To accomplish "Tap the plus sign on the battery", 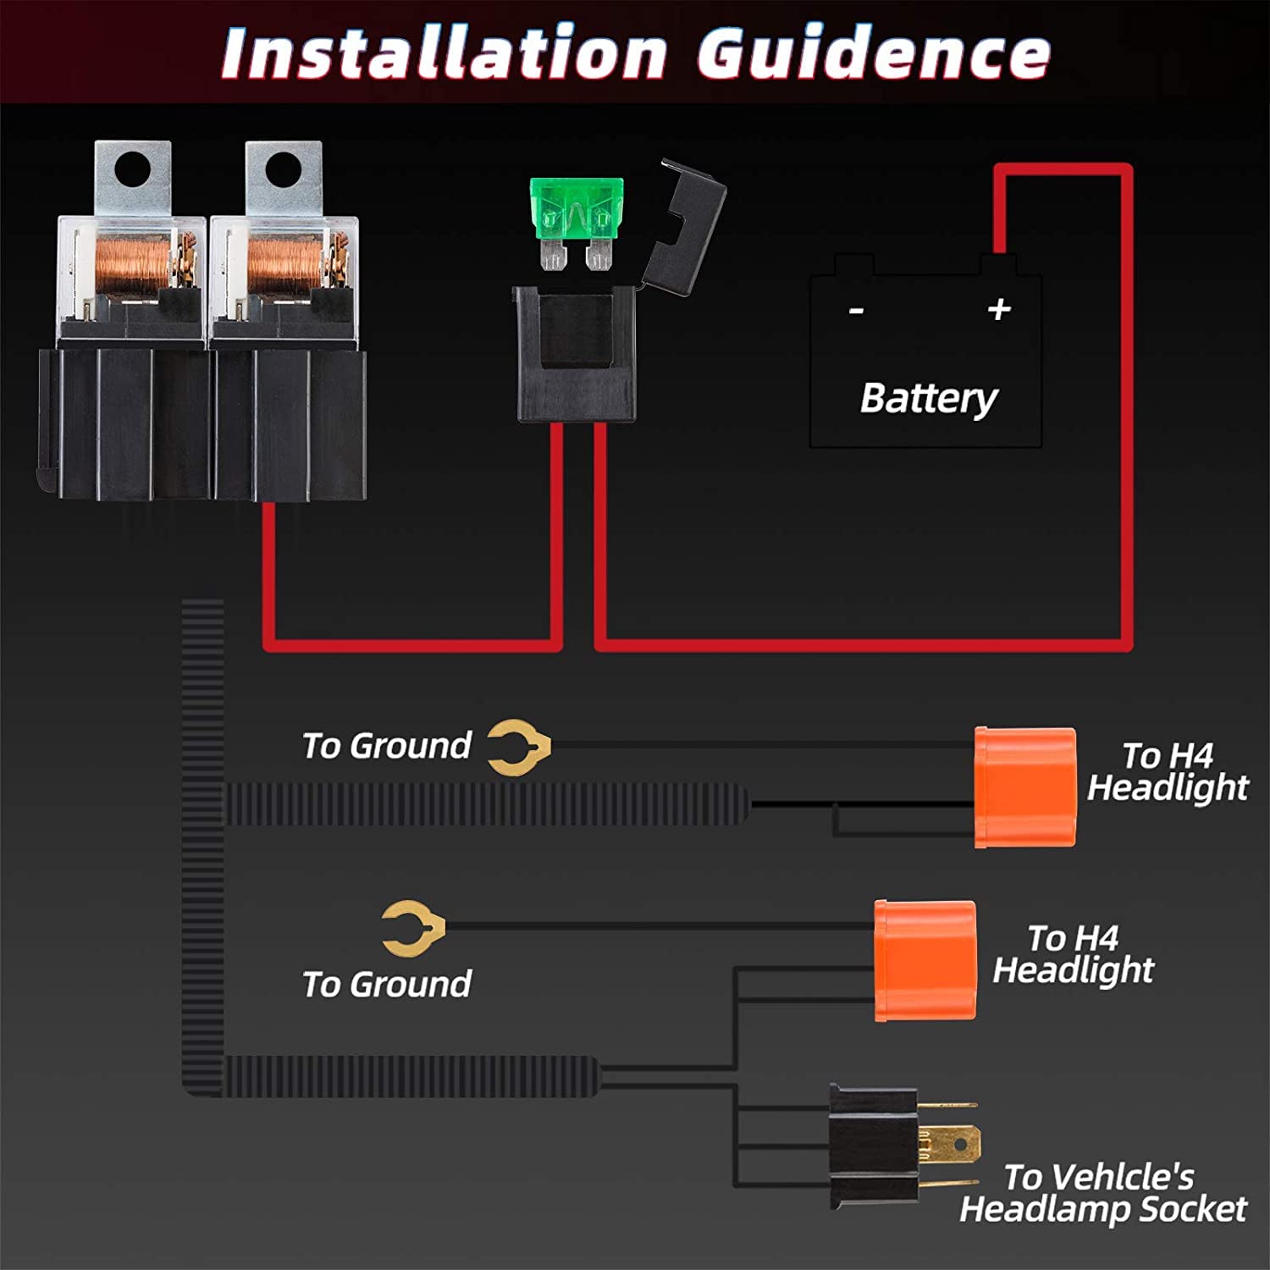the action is coord(999,308).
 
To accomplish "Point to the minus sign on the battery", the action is coord(856,311).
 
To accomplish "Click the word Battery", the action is coord(929,398).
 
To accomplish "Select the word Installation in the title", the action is coord(444,53).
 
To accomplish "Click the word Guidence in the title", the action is coord(874,53).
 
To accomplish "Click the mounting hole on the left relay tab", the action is coord(131,168).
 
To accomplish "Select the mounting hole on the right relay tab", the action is coord(283,168).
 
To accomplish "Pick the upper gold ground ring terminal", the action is coord(519,747).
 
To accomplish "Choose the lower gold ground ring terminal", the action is coord(413,928).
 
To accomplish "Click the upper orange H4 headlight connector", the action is coord(1025,787).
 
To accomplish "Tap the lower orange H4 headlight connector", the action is coord(925,961).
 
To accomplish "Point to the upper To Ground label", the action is coord(387,746).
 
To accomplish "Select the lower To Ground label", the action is coord(387,985).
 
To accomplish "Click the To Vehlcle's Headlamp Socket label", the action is coord(1103,1193).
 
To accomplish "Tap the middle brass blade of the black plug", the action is coord(949,1144).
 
